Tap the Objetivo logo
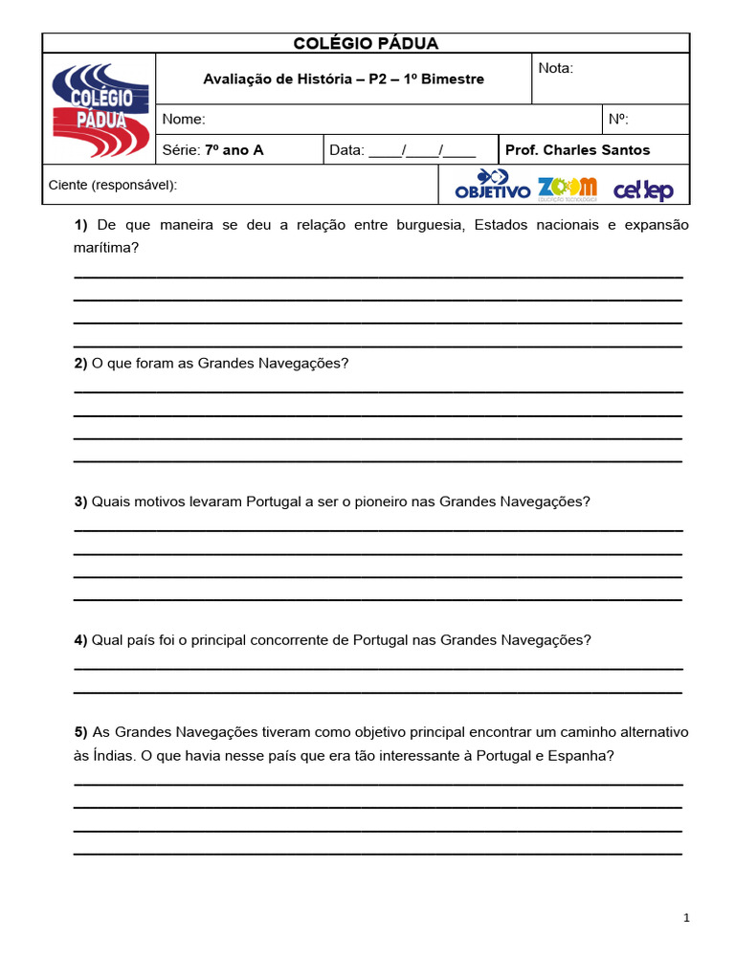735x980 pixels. tap(492, 185)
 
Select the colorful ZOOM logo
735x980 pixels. tap(567, 187)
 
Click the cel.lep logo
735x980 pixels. tap(643, 189)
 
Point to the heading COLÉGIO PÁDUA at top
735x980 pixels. tap(366, 43)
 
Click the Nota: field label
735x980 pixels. tap(556, 68)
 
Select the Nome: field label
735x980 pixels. tap(184, 120)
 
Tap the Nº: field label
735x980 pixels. tap(618, 120)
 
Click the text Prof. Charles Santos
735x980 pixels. tap(577, 150)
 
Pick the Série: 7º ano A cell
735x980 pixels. tap(212, 150)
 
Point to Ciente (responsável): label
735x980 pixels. tap(112, 185)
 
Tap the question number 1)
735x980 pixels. tap(81, 225)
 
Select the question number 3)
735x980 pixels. tap(81, 501)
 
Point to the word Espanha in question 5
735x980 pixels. tap(579, 755)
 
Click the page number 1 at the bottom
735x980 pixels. tap(686, 918)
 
